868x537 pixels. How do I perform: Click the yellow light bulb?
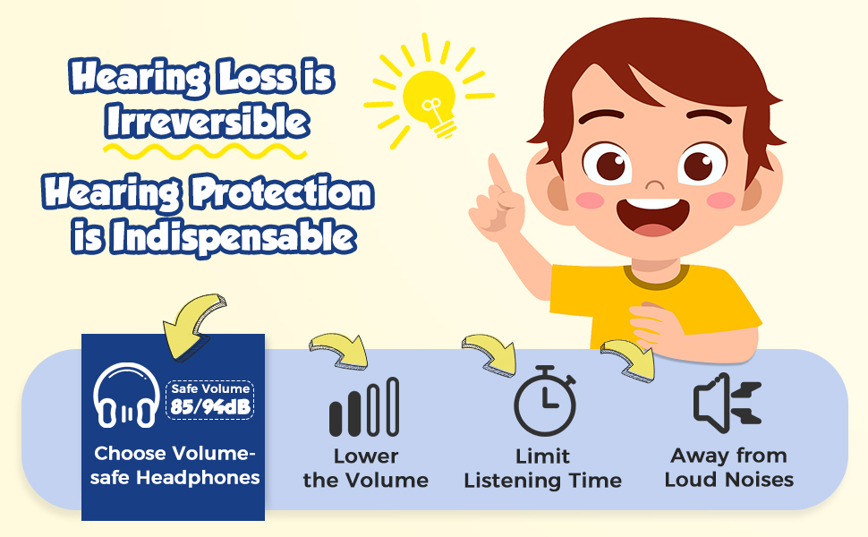(430, 101)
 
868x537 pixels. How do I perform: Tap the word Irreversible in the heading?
(207, 121)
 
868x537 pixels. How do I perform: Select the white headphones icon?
(126, 395)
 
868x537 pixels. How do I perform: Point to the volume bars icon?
(363, 407)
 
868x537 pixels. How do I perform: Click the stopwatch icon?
(545, 401)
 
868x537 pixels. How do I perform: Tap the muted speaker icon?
(728, 403)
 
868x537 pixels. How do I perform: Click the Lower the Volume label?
(366, 468)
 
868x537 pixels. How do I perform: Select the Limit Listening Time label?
(542, 468)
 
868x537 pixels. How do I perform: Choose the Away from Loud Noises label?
(729, 468)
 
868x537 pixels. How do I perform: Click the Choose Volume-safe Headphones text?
(174, 465)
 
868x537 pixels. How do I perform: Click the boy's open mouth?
(653, 217)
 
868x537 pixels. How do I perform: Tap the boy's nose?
(655, 183)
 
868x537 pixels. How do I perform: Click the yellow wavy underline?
(205, 150)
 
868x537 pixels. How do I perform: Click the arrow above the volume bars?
(340, 350)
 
